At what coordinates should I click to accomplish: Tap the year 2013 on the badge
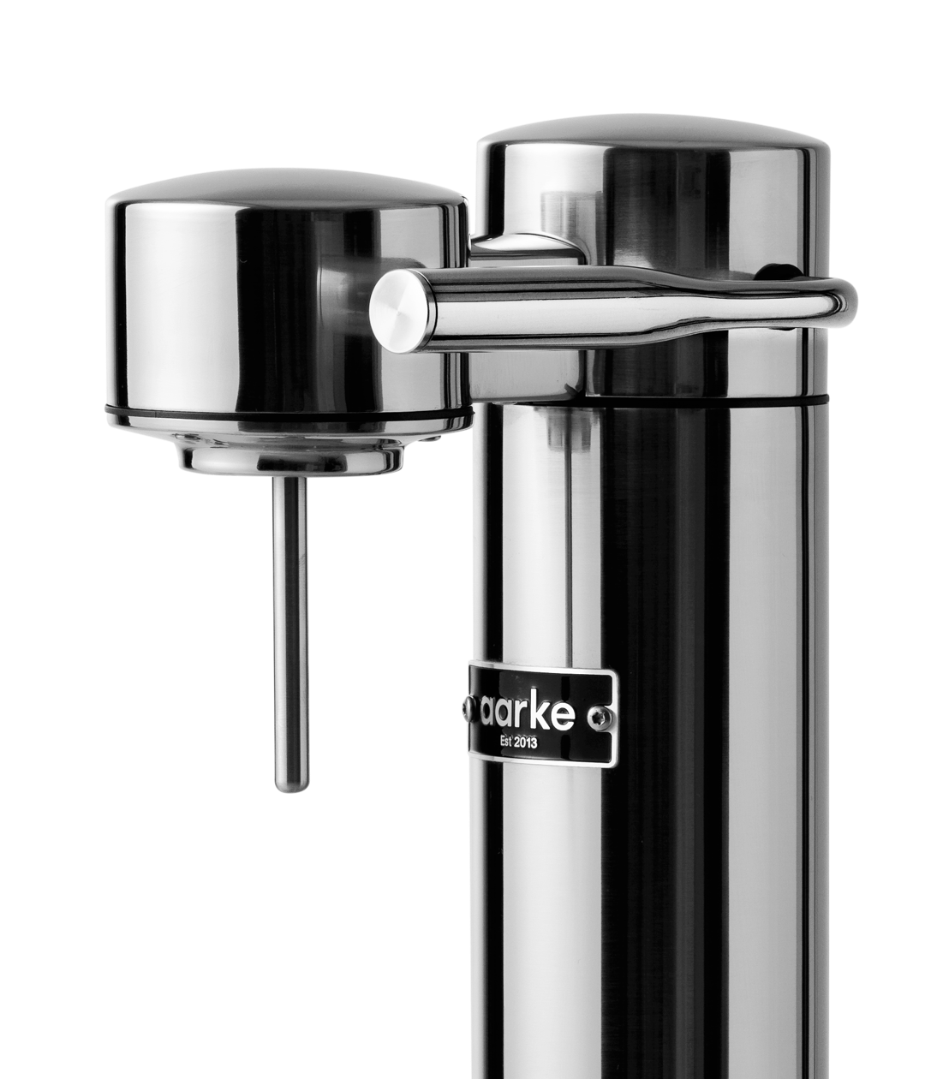coord(527,742)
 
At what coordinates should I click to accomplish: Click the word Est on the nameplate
coord(508,742)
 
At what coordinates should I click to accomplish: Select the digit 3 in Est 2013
coord(535,743)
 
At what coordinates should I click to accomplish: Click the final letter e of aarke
coord(564,715)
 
